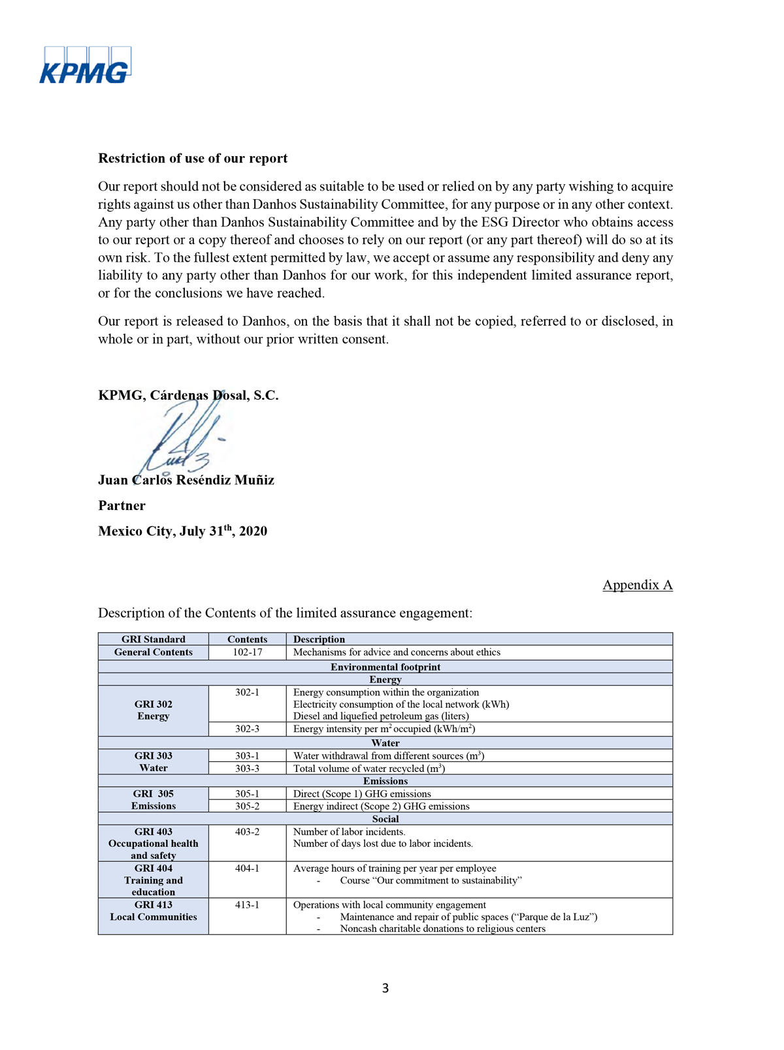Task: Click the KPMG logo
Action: point(85,65)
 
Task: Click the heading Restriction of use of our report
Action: point(193,159)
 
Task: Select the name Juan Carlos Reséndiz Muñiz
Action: point(186,481)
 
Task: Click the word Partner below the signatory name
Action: point(122,506)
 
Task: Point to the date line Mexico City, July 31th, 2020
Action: point(182,532)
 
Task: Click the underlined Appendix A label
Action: point(637,585)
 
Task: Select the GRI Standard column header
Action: point(154,639)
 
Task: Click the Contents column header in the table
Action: point(247,639)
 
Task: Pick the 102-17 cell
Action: point(247,652)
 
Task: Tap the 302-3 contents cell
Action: point(247,729)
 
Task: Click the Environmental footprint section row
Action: point(385,667)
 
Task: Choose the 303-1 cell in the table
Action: point(247,756)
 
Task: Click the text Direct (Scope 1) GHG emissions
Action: point(362,794)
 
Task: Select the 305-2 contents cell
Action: point(247,806)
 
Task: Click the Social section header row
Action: point(385,819)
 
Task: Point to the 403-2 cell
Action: point(247,832)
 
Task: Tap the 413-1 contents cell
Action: point(247,905)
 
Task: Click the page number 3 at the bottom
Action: point(385,988)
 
